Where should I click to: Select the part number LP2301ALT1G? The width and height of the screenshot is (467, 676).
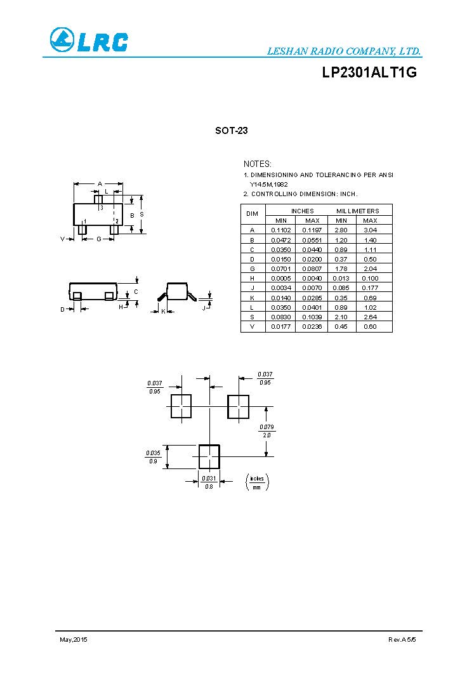[369, 73]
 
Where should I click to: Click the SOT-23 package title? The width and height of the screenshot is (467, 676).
[231, 131]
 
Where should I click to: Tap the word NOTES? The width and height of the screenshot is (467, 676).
[258, 164]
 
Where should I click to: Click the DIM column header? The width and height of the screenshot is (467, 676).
[253, 215]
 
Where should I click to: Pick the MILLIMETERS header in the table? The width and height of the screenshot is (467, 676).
[357, 211]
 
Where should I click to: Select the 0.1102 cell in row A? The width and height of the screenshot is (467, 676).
[280, 230]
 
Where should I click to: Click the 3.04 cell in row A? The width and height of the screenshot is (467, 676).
[369, 230]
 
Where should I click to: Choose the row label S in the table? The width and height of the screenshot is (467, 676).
[253, 317]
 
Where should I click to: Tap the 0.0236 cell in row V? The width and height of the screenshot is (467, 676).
[312, 326]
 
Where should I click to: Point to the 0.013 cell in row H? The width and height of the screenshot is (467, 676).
[340, 278]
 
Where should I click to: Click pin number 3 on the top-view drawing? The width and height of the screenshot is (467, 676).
[101, 208]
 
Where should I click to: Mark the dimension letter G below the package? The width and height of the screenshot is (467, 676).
[99, 239]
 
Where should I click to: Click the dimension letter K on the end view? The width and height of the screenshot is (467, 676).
[163, 311]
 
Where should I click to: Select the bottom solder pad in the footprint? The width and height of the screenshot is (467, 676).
[209, 456]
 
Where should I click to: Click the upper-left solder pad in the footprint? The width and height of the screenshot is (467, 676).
[181, 406]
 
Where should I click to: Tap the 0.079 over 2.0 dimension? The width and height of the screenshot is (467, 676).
[266, 431]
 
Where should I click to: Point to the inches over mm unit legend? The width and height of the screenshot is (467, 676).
[257, 482]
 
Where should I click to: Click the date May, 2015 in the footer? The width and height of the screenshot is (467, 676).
[73, 639]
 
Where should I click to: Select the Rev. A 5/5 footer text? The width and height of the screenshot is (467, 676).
[402, 639]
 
